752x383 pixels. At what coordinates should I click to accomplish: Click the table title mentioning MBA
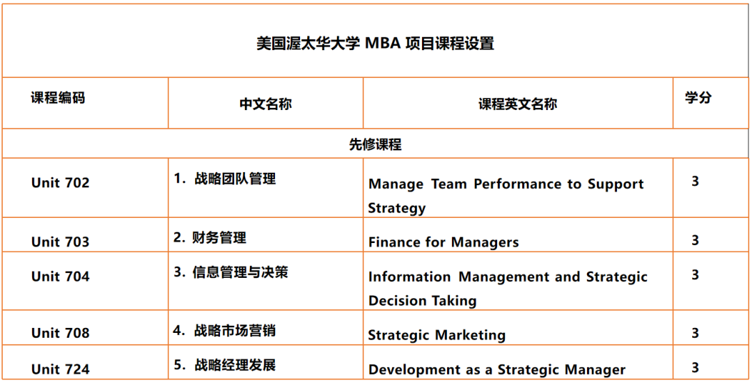375,44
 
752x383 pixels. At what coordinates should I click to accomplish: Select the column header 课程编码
58,98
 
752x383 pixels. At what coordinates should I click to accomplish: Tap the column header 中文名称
265,104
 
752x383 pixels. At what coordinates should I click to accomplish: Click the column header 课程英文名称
517,104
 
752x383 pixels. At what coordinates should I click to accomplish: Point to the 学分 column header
698,97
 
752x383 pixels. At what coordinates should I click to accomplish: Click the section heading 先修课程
375,144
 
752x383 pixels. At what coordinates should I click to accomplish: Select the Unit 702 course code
61,182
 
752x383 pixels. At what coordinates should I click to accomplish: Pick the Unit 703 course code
61,242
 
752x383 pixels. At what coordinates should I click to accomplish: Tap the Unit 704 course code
61,276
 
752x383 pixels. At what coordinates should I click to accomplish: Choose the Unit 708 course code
61,333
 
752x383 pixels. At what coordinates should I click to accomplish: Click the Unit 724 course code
61,370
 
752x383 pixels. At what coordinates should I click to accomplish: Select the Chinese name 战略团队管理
235,179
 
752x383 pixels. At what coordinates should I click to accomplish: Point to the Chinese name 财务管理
219,237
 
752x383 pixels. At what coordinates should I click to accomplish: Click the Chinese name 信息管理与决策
240,272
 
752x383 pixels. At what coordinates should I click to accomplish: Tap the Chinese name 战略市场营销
235,330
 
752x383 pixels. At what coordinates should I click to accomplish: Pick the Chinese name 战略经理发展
235,366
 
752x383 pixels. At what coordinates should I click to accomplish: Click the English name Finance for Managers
444,242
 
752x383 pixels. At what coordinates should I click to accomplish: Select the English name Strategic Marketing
437,334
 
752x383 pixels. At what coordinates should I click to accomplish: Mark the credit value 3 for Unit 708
696,333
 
